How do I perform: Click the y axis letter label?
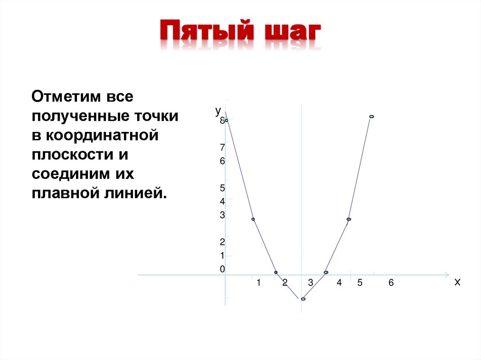tap(218, 110)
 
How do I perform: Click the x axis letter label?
tap(458, 282)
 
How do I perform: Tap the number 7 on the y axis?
tap(223, 147)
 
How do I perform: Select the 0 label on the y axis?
tap(223, 269)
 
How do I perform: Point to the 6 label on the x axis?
tap(390, 283)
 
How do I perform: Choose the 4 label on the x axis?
tap(339, 283)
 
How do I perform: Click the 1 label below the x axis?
tap(258, 283)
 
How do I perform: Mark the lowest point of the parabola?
tap(303, 299)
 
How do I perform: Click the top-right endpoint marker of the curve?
tap(372, 116)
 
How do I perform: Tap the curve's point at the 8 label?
tap(226, 120)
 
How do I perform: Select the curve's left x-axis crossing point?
tap(276, 272)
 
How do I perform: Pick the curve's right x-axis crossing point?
tap(326, 272)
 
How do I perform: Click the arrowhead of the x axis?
tap(447, 274)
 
